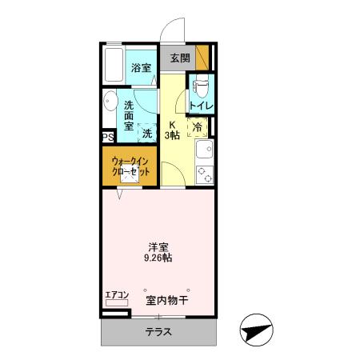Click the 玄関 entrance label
pos(180,58)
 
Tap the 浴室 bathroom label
pos(142,68)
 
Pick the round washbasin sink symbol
pos(109,101)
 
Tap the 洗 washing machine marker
pos(146,134)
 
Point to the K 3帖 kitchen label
pos(173,130)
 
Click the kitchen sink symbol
pos(206,150)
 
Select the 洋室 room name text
pos(157,246)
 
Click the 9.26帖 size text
pos(157,258)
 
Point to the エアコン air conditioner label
pos(117,296)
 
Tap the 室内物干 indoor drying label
pos(166,301)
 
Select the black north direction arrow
pos(255,330)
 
